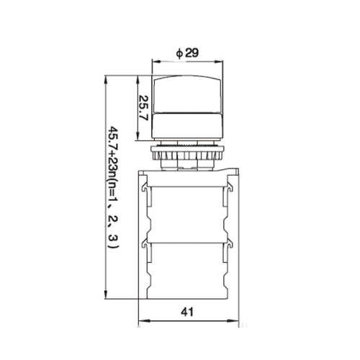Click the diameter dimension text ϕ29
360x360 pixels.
187,53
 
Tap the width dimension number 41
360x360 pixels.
187,312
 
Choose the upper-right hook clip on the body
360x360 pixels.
229,189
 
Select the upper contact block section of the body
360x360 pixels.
188,212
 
